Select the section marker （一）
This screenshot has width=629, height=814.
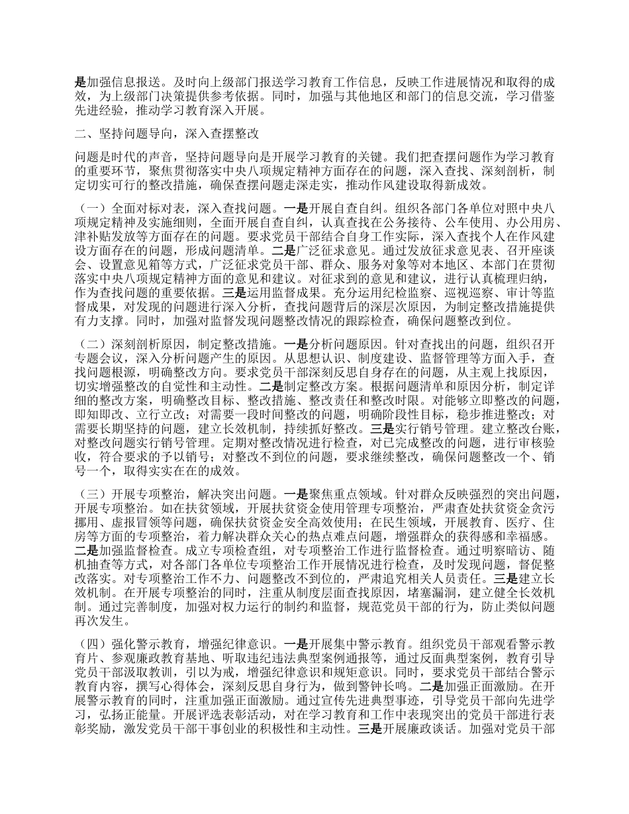90,197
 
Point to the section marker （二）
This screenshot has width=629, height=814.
90,345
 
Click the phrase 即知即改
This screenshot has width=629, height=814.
98,419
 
